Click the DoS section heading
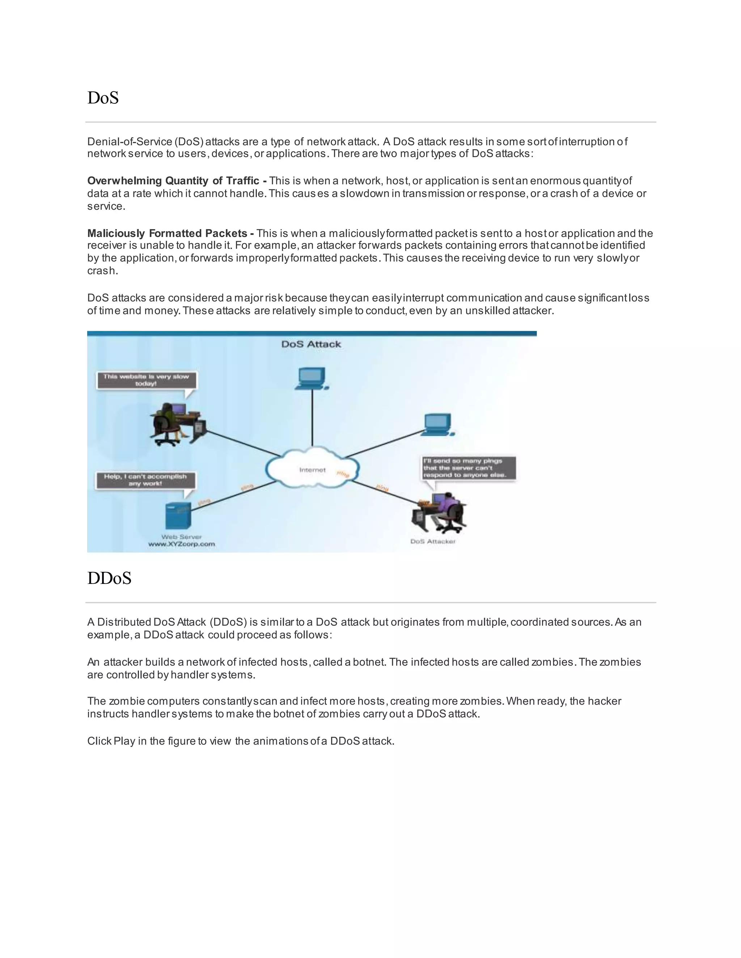coord(103,98)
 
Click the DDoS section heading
coord(109,578)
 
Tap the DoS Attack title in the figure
coord(311,344)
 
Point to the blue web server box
coord(178,516)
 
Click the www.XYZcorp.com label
coord(182,544)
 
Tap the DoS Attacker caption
coord(433,541)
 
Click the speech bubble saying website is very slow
coord(146,380)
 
